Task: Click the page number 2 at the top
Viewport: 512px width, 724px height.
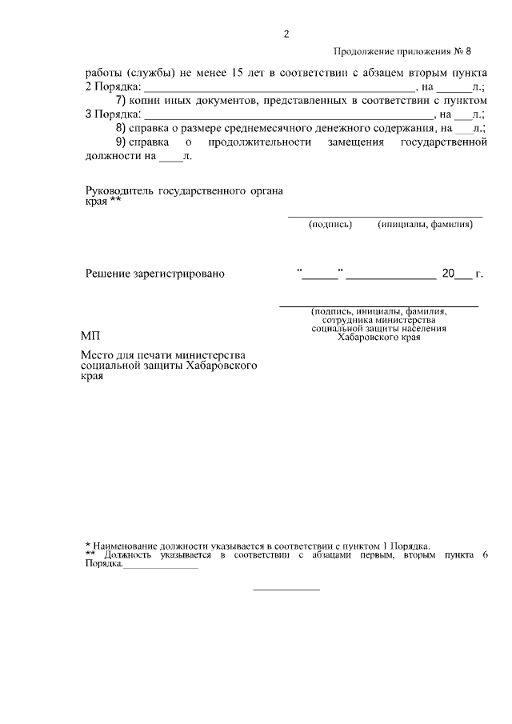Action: point(286,34)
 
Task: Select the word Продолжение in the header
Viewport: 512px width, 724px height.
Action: point(363,53)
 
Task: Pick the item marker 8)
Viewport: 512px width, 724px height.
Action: point(122,127)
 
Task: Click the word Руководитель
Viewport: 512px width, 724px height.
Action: point(119,190)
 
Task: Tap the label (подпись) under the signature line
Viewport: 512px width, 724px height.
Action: point(330,225)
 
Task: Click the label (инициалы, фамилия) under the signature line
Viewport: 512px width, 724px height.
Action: point(426,225)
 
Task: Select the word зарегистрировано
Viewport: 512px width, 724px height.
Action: point(181,274)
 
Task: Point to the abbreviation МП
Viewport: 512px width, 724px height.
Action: point(91,335)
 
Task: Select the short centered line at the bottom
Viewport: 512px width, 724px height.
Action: point(286,590)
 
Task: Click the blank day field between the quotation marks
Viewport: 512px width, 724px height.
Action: point(320,275)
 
